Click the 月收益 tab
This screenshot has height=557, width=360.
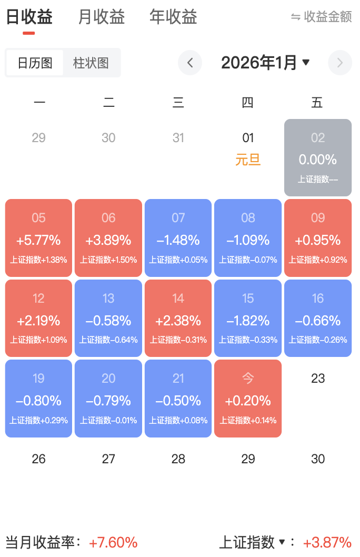click(x=101, y=17)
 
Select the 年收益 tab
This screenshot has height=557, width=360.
click(x=173, y=17)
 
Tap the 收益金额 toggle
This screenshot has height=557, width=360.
click(x=322, y=17)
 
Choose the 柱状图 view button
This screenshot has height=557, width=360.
click(x=91, y=63)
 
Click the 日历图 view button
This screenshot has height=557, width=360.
click(x=35, y=63)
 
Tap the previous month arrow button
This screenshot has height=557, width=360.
click(x=190, y=63)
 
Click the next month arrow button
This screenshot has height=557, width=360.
click(x=339, y=63)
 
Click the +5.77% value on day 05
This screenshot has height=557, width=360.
click(x=38, y=241)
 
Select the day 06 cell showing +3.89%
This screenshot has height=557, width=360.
click(x=108, y=238)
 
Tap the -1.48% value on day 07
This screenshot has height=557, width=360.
click(x=178, y=241)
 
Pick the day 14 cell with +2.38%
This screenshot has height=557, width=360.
click(x=178, y=318)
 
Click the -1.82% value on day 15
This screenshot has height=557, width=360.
click(x=248, y=321)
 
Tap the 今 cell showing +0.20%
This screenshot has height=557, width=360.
click(x=248, y=399)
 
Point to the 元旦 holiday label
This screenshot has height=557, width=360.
click(x=248, y=160)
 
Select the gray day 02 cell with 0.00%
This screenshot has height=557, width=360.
click(x=318, y=157)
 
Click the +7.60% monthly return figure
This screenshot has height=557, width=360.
click(x=113, y=542)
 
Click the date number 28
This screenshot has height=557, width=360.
click(x=178, y=459)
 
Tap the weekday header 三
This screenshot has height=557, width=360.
click(x=178, y=103)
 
